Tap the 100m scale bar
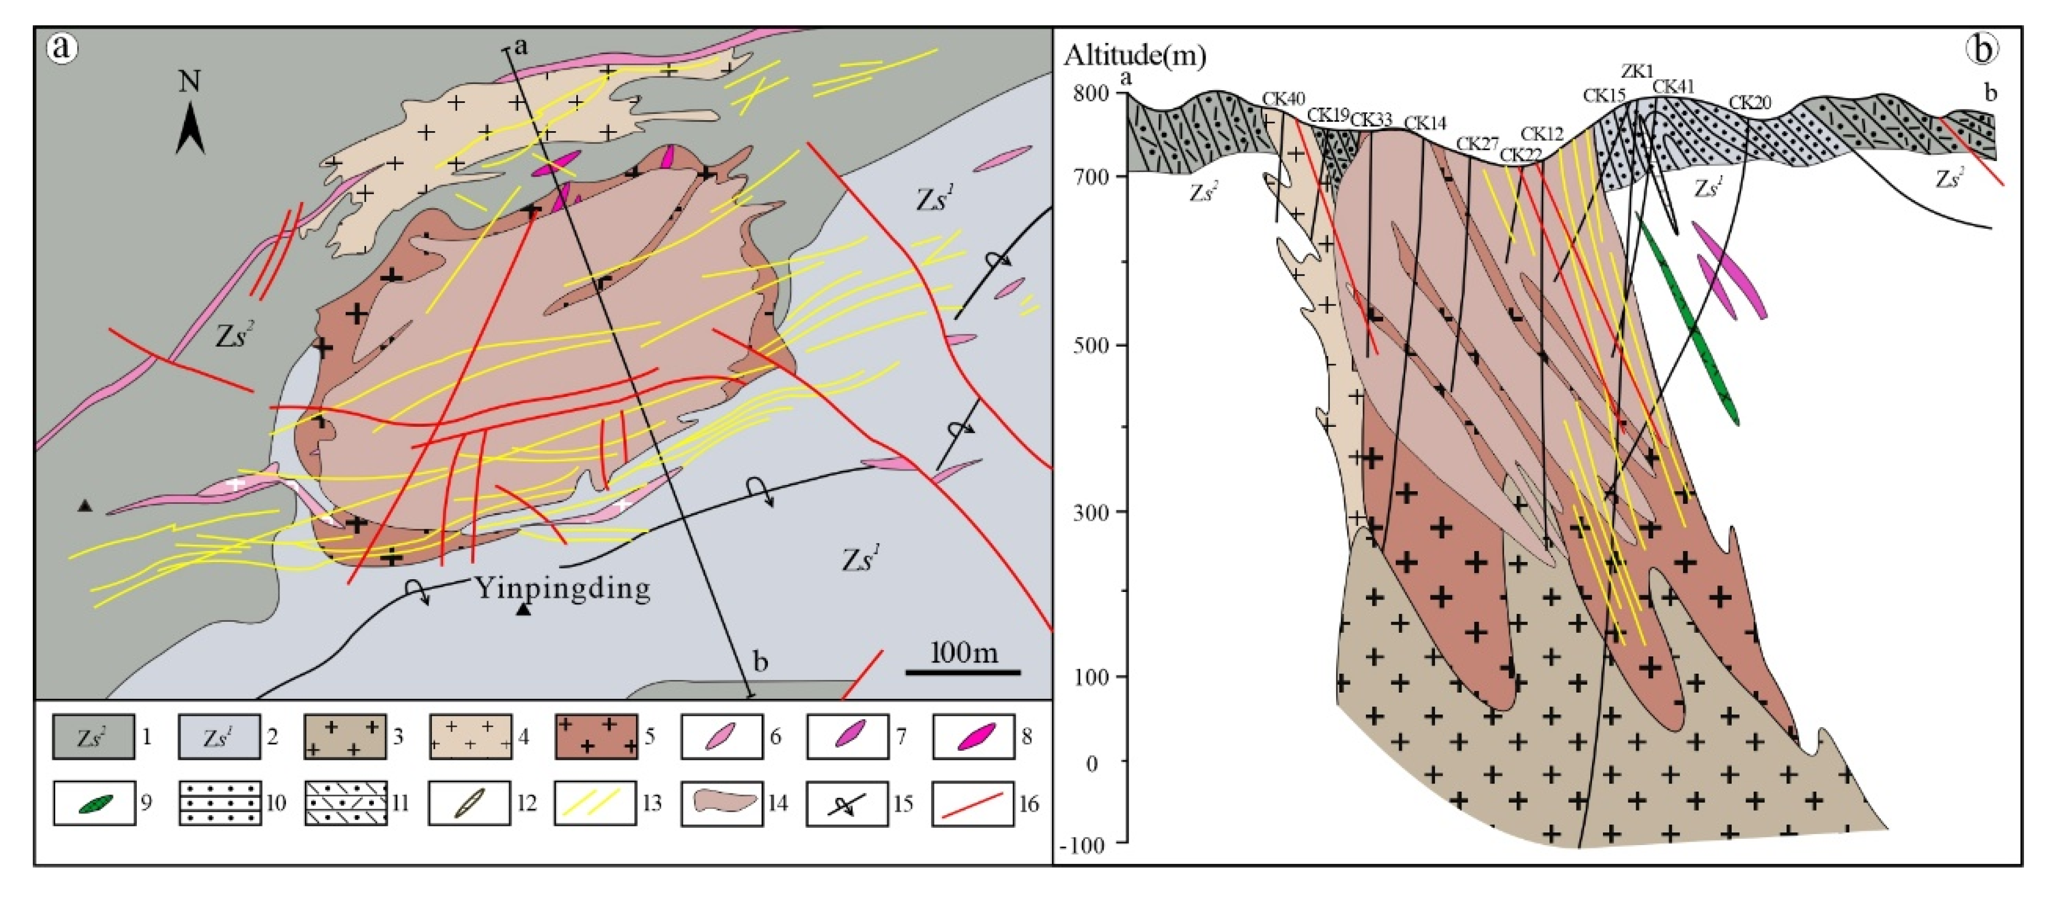pyautogui.click(x=963, y=672)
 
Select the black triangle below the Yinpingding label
pyautogui.click(x=523, y=610)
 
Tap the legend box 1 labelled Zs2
pyautogui.click(x=93, y=736)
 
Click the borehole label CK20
pyautogui.click(x=1750, y=103)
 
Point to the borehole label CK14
pyautogui.click(x=1425, y=123)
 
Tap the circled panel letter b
pyautogui.click(x=1982, y=49)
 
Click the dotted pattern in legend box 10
pyautogui.click(x=220, y=804)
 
